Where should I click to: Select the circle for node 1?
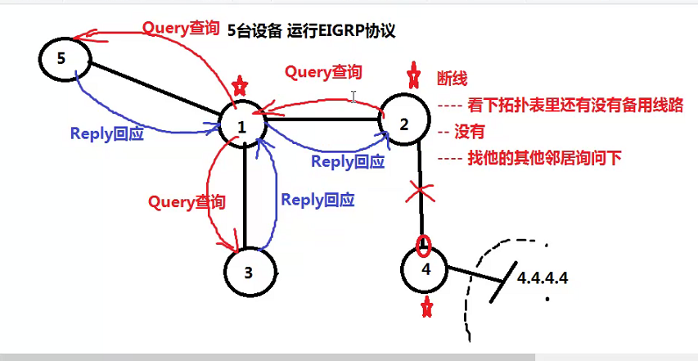pyautogui.click(x=242, y=126)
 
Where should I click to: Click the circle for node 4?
pyautogui.click(x=426, y=269)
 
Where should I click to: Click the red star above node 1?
pyautogui.click(x=239, y=84)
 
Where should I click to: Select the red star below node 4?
pyautogui.click(x=426, y=308)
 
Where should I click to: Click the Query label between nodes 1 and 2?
pyautogui.click(x=323, y=72)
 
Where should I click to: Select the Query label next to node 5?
pyautogui.click(x=181, y=28)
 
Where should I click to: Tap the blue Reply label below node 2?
pyautogui.click(x=348, y=161)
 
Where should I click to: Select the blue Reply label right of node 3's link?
pyautogui.click(x=317, y=200)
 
